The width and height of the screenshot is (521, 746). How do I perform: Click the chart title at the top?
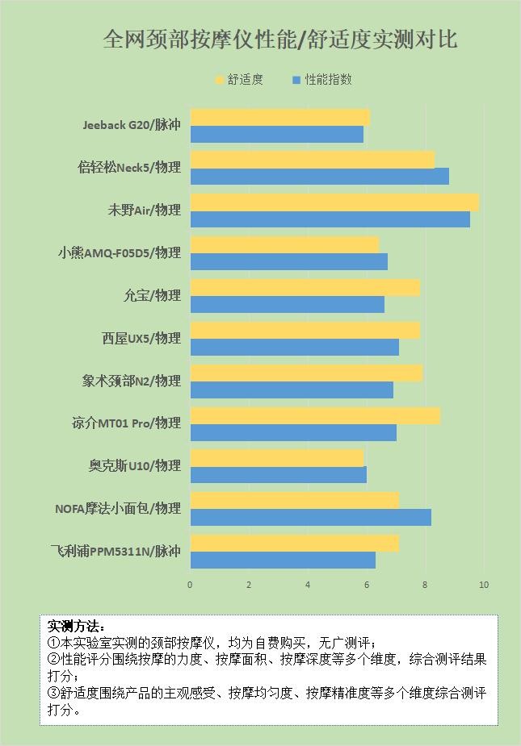tap(280, 39)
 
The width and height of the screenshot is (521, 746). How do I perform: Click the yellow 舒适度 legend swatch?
tap(218, 80)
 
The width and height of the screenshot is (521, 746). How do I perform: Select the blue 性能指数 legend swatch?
tap(296, 80)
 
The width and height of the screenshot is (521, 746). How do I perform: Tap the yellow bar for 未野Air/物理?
tap(334, 202)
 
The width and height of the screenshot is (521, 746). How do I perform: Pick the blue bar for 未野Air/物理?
tap(330, 219)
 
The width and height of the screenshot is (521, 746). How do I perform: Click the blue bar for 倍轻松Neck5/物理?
tap(319, 176)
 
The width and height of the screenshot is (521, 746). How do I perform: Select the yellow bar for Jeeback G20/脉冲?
tap(279, 117)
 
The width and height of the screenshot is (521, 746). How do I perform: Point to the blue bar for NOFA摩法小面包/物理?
tap(310, 517)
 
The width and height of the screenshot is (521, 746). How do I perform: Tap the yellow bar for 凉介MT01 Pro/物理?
tap(315, 415)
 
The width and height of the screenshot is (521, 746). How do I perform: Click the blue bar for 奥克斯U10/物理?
tap(278, 474)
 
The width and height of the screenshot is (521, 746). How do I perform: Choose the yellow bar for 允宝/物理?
tap(305, 287)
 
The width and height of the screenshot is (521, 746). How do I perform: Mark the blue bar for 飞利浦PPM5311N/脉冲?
tap(283, 560)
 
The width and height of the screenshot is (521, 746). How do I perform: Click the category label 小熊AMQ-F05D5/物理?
tap(119, 252)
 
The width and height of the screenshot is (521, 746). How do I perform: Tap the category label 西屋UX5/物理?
tap(141, 338)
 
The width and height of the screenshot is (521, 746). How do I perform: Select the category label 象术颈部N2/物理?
tap(131, 381)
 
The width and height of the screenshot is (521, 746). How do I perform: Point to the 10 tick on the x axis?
tap(484, 585)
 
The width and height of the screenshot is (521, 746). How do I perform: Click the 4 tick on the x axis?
tap(308, 585)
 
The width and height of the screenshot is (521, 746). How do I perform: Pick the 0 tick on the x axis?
tap(191, 585)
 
